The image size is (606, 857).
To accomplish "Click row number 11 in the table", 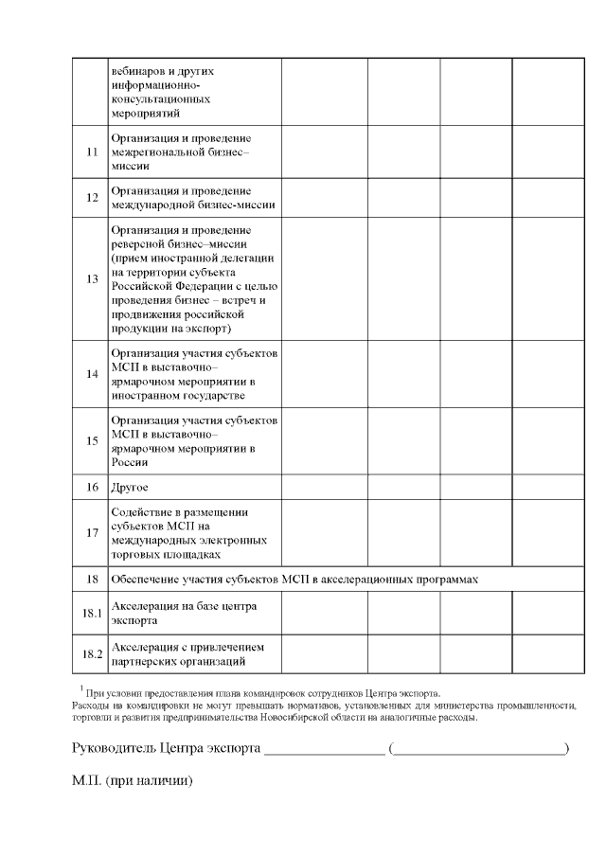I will point(92,152).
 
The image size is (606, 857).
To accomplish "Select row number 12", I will point(92,198).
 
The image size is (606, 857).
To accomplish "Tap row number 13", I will point(92,279).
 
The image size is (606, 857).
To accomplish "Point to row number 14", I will point(92,373).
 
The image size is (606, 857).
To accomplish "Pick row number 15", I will point(92,440).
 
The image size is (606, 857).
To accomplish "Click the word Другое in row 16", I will point(131,487).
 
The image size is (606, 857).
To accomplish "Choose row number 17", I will point(92,532).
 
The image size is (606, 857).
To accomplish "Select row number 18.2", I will point(92,654).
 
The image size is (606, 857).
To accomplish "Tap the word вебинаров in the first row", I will point(137,71).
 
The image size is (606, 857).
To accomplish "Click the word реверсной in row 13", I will point(138,243).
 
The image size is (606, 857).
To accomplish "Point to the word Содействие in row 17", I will point(141,512).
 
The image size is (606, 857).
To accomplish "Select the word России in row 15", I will point(130,462).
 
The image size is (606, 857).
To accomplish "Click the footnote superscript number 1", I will point(82,688).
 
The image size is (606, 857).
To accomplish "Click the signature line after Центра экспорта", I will point(325,752).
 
